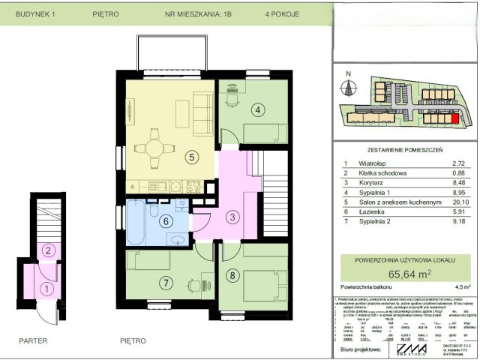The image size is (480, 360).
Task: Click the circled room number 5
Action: [192, 157]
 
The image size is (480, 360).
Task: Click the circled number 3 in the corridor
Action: [233, 217]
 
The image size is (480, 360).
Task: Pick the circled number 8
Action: [232, 275]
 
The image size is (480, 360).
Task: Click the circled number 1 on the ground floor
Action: [46, 286]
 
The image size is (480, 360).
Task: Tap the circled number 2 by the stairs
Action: [46, 250]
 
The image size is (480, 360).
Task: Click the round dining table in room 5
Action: [154, 146]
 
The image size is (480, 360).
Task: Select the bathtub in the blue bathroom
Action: [136, 222]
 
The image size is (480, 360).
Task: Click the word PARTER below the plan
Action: [34, 340]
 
